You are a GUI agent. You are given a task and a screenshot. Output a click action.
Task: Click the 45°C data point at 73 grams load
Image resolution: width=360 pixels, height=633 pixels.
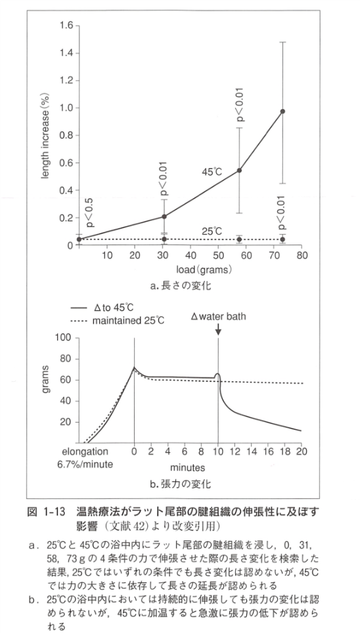tap(282, 111)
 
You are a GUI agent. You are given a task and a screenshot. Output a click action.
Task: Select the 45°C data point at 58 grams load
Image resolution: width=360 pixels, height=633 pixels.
tap(240, 170)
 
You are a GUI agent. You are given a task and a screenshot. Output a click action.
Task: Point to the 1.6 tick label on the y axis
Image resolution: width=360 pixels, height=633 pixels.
tap(64, 26)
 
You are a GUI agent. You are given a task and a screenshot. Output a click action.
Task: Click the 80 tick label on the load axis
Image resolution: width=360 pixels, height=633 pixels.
tap(302, 256)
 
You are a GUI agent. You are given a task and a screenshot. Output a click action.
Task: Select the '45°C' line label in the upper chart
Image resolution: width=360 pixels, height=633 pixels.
tap(212, 172)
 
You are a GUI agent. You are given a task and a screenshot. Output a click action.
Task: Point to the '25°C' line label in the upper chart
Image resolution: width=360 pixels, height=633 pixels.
tap(212, 231)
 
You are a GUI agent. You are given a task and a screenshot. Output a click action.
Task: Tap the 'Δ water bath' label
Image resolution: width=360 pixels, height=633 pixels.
tap(219, 316)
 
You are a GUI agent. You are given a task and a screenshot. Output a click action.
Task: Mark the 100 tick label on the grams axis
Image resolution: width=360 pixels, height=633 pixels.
tap(62, 339)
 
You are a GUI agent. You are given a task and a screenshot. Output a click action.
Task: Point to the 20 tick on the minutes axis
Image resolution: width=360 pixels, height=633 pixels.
tap(302, 452)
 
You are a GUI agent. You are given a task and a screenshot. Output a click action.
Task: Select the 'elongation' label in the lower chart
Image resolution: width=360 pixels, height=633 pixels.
tap(85, 452)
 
